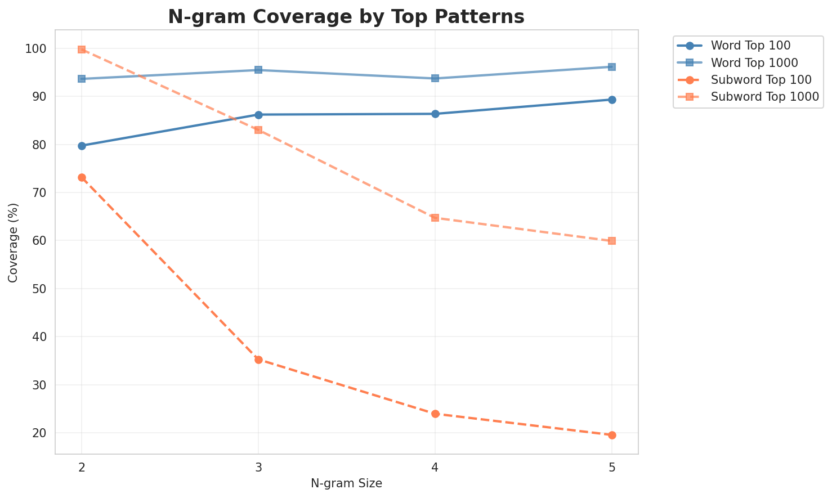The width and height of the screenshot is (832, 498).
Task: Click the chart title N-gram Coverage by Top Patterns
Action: click(x=346, y=17)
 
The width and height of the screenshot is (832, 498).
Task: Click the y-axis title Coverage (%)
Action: click(x=13, y=243)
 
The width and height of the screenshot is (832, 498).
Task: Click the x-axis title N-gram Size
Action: click(x=346, y=483)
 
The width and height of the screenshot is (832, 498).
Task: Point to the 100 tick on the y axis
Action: click(x=37, y=49)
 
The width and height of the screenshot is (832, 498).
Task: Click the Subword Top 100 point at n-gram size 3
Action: click(x=258, y=360)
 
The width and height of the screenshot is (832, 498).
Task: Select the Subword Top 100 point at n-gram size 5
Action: click(x=612, y=435)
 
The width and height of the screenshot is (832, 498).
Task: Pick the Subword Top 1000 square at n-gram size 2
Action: click(x=82, y=50)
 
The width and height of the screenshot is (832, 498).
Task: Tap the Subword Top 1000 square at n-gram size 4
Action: click(x=435, y=218)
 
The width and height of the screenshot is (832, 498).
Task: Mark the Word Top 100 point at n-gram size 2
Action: click(x=82, y=146)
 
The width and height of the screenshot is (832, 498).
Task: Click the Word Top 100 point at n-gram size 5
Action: click(x=612, y=100)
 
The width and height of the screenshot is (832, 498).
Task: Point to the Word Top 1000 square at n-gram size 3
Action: click(x=258, y=70)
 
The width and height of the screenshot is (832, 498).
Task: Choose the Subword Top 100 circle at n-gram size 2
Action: click(x=82, y=178)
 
